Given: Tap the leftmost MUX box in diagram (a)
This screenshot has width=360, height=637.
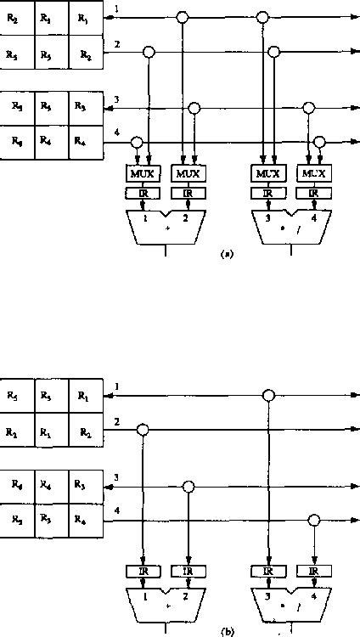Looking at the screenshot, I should (141, 173).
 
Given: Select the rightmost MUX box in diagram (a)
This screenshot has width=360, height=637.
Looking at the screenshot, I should (312, 173).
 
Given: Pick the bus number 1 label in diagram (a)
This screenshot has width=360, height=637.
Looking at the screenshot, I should (116, 8).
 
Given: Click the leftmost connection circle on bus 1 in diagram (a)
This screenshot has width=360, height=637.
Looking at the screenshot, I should (182, 17).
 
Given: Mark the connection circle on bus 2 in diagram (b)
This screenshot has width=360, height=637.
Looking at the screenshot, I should (143, 430).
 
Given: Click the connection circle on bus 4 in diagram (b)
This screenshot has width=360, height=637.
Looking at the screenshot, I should (314, 521).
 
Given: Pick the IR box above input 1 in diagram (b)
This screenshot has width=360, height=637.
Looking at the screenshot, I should (141, 571).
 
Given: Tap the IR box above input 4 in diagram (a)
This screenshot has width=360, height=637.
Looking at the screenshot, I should (312, 193).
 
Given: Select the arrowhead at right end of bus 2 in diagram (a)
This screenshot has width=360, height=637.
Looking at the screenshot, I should (352, 52).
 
